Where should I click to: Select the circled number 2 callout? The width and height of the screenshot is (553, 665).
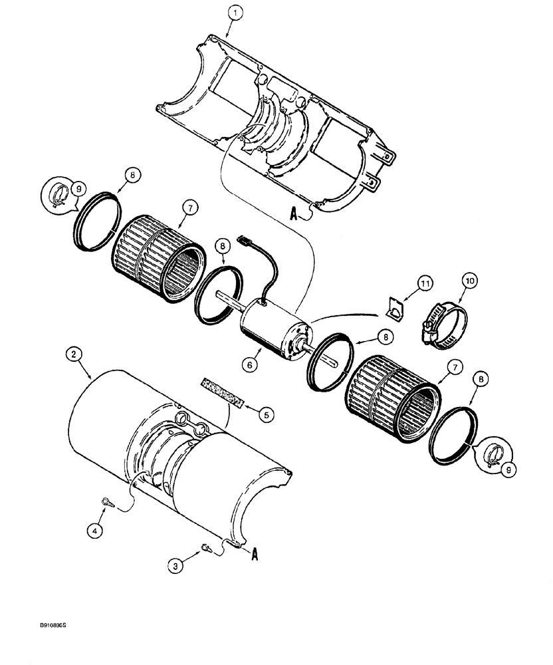pos(75,355)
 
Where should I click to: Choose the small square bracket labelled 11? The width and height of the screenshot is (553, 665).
pos(396,309)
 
